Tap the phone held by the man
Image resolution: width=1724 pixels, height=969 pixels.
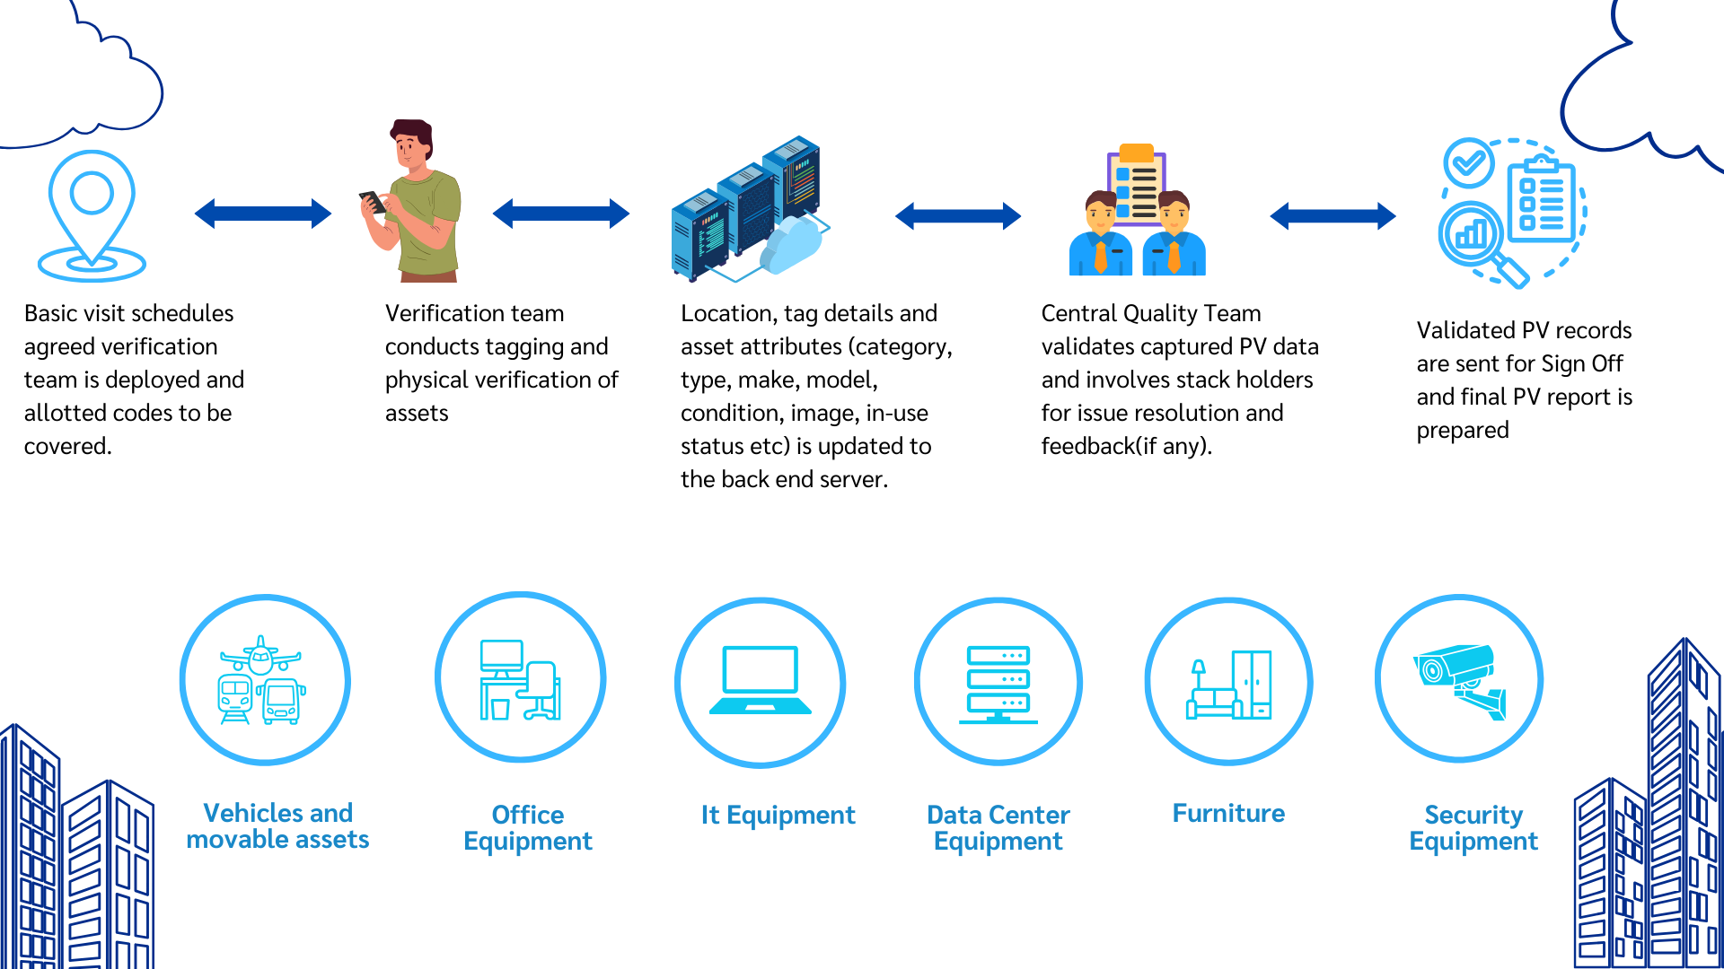pos(372,202)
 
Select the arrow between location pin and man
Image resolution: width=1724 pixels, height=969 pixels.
pos(263,214)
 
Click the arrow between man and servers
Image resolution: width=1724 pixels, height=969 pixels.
pos(561,214)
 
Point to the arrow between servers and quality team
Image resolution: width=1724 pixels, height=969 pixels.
pos(958,215)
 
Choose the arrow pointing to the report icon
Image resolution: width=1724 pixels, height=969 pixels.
pos(1333,215)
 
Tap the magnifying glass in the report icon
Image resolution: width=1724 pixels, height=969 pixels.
pos(1482,242)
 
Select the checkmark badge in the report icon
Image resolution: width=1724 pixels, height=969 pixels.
pos(1469,162)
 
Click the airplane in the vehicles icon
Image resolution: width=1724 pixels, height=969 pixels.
pos(260,657)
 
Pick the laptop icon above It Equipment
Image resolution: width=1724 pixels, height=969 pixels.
pos(761,680)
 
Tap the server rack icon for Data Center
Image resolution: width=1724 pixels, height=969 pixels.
pos(998,684)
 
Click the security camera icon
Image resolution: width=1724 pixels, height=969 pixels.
pos(1460,679)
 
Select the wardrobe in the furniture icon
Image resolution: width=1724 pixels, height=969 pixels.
pos(1252,685)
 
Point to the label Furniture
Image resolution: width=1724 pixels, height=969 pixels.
pos(1228,814)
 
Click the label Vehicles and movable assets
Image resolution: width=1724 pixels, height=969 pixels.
pos(277,826)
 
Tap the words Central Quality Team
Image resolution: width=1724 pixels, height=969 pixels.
pos(1151,313)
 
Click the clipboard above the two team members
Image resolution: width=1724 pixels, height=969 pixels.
pos(1137,184)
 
